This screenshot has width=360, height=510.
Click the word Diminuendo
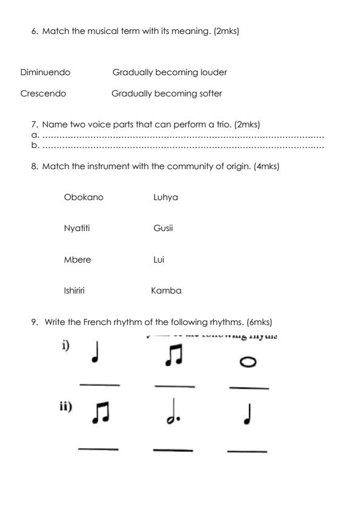tap(45, 73)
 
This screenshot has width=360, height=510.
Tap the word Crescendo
tap(43, 94)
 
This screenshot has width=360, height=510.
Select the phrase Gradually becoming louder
tap(170, 73)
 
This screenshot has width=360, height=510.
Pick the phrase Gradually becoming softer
tap(167, 94)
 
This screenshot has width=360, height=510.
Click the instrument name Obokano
tap(84, 198)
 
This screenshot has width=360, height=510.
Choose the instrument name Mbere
tap(78, 260)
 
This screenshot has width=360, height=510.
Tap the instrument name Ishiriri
tap(74, 291)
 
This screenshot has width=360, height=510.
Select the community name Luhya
tap(165, 198)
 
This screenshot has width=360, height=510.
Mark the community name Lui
tap(159, 260)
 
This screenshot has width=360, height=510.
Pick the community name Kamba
tap(166, 291)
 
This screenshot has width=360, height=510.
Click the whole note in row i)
tap(248, 361)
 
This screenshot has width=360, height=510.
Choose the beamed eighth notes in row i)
tap(173, 357)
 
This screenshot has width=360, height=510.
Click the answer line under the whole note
tap(248, 388)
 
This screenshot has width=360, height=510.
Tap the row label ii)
tap(65, 407)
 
